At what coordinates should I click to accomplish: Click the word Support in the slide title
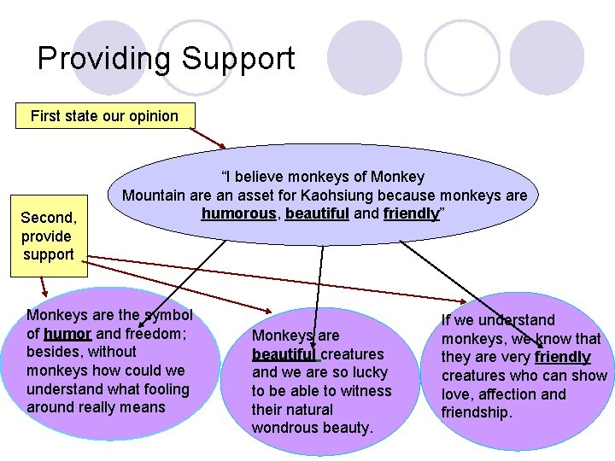(x=237, y=58)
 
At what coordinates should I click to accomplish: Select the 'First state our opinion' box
(x=104, y=116)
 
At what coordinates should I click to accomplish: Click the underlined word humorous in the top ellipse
(x=239, y=213)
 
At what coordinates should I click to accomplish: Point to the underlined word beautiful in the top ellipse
(x=317, y=213)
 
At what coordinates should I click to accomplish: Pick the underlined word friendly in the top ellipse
(x=411, y=213)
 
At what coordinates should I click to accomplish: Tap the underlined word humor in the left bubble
(x=67, y=333)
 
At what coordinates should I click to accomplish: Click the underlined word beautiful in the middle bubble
(x=283, y=353)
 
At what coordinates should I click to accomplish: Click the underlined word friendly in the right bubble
(x=562, y=357)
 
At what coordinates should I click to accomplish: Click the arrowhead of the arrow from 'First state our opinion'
(x=224, y=148)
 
